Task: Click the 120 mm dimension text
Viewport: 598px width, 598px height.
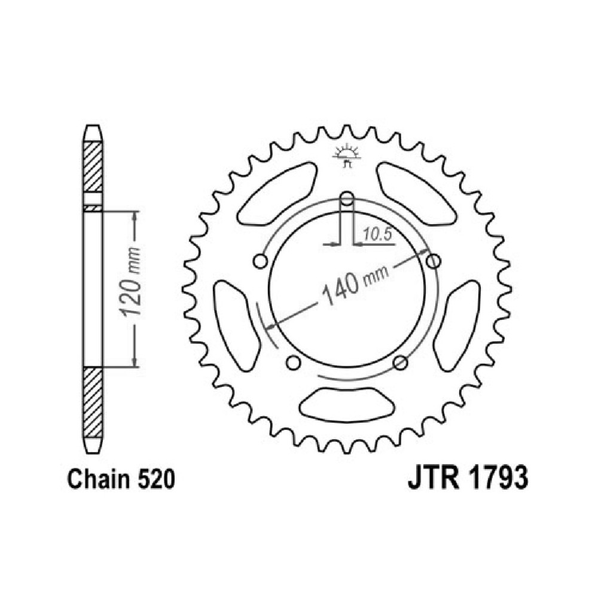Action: click(130, 282)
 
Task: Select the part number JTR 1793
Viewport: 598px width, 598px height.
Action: click(468, 477)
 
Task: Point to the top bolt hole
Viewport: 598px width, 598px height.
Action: click(347, 199)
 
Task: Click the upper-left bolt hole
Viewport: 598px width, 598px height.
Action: click(261, 262)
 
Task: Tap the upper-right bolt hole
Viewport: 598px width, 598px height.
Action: click(433, 262)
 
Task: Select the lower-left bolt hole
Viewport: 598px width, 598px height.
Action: click(293, 363)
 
